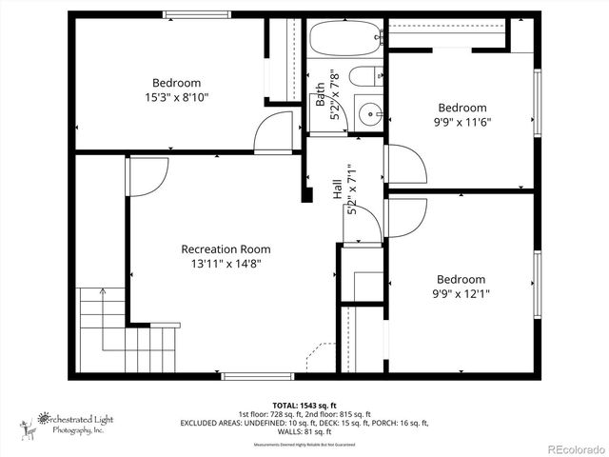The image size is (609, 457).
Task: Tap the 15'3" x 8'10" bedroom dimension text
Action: coord(176,97)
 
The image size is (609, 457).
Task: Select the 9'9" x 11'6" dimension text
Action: coord(462,122)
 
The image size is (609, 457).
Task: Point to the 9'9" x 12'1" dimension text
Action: coord(462,293)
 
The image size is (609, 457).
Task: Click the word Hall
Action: coord(338,189)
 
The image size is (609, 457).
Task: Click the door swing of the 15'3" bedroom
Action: coord(275,133)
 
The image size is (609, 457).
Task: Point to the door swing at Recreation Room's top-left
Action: coord(147,176)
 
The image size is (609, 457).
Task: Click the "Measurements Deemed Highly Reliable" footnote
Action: coord(304,445)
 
